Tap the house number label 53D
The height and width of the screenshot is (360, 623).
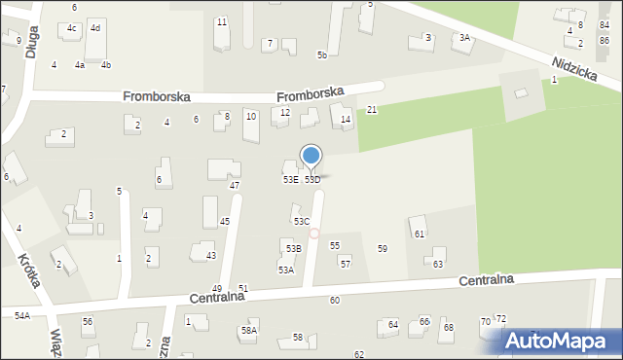pyautogui.click(x=312, y=180)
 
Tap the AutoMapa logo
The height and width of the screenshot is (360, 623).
pyautogui.click(x=561, y=342)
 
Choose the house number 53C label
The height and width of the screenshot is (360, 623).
pyautogui.click(x=302, y=222)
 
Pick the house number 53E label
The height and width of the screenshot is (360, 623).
pyautogui.click(x=290, y=180)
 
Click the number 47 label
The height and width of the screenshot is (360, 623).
pyautogui.click(x=234, y=185)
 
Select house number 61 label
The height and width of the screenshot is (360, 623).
pyautogui.click(x=420, y=234)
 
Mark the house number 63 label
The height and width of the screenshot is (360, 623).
pyautogui.click(x=438, y=265)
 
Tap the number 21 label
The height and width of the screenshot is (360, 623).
pyautogui.click(x=372, y=110)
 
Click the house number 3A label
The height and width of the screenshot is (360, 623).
pyautogui.click(x=464, y=38)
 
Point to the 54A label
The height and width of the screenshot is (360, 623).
pyautogui.click(x=21, y=316)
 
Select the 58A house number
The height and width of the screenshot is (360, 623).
pyautogui.click(x=249, y=331)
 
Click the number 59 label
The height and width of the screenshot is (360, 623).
pyautogui.click(x=383, y=249)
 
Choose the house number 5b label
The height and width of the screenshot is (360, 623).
pyautogui.click(x=321, y=55)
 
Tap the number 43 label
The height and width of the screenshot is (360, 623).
pyautogui.click(x=210, y=256)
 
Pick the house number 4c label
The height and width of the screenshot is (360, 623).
pyautogui.click(x=72, y=28)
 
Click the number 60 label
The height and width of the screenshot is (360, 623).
pyautogui.click(x=334, y=301)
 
